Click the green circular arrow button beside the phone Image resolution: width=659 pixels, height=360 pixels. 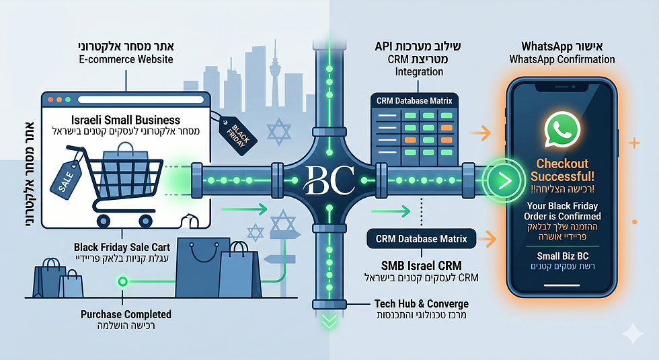[x=503, y=181]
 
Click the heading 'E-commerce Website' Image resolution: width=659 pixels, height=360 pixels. [x=126, y=59]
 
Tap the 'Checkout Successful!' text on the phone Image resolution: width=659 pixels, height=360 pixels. [x=562, y=170]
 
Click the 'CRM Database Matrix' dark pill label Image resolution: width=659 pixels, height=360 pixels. [x=421, y=239]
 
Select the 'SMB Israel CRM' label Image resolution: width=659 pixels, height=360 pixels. [x=421, y=266]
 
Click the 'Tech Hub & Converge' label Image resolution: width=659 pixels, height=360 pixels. [x=421, y=303]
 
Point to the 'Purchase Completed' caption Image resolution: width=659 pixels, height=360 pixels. [x=126, y=314]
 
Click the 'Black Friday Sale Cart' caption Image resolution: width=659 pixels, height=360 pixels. [x=122, y=247]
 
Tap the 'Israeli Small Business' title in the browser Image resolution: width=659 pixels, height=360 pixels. [x=125, y=120]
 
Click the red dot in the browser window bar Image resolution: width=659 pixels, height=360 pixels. [x=50, y=100]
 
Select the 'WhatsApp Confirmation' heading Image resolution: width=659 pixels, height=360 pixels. [x=562, y=59]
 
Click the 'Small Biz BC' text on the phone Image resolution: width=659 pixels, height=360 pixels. [x=562, y=256]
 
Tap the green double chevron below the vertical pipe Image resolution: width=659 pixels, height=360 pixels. [x=329, y=322]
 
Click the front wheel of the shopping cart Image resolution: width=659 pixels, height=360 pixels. [x=145, y=221]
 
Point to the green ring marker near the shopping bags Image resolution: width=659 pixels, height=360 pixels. [x=122, y=281]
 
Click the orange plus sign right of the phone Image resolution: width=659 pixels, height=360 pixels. [x=634, y=143]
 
